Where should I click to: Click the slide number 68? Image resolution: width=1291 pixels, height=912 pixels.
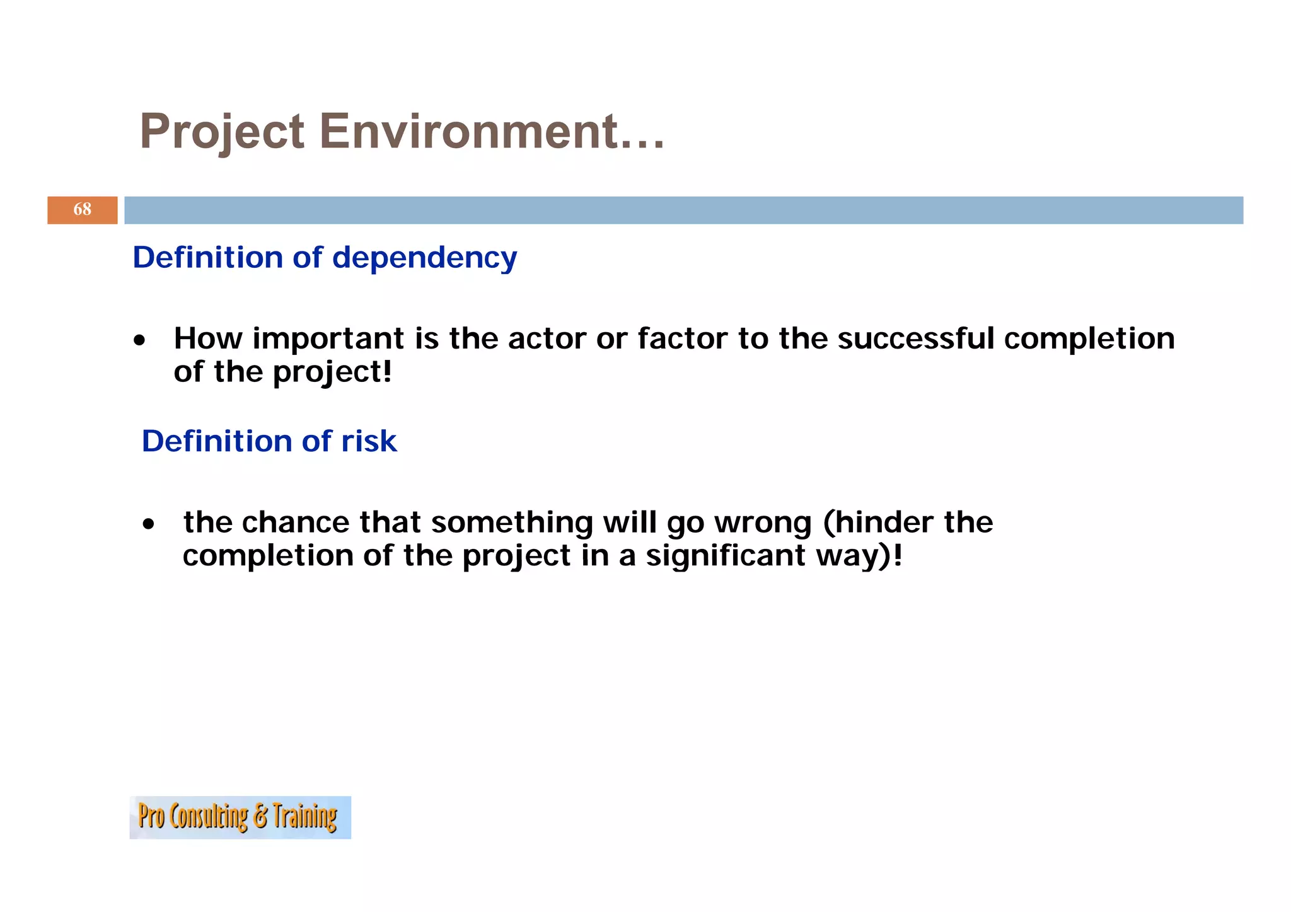tap(82, 209)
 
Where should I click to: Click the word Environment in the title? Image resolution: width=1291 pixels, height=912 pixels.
tap(492, 131)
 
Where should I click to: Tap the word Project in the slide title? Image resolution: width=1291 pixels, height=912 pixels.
tap(222, 131)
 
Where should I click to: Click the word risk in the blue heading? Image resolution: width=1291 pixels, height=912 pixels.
tap(369, 441)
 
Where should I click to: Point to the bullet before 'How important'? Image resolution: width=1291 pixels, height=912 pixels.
tap(139, 341)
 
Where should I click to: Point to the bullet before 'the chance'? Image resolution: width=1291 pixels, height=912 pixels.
tap(148, 524)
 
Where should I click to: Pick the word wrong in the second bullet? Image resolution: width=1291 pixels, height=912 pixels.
tap(763, 523)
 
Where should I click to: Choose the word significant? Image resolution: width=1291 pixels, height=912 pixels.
tap(725, 556)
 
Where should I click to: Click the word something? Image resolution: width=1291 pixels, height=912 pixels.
tap(512, 523)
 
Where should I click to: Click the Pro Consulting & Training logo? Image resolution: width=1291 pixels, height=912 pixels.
tap(240, 817)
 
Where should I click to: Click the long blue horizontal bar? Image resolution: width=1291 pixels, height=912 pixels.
tap(683, 210)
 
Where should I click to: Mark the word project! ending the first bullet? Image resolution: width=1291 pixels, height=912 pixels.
tap(332, 372)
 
